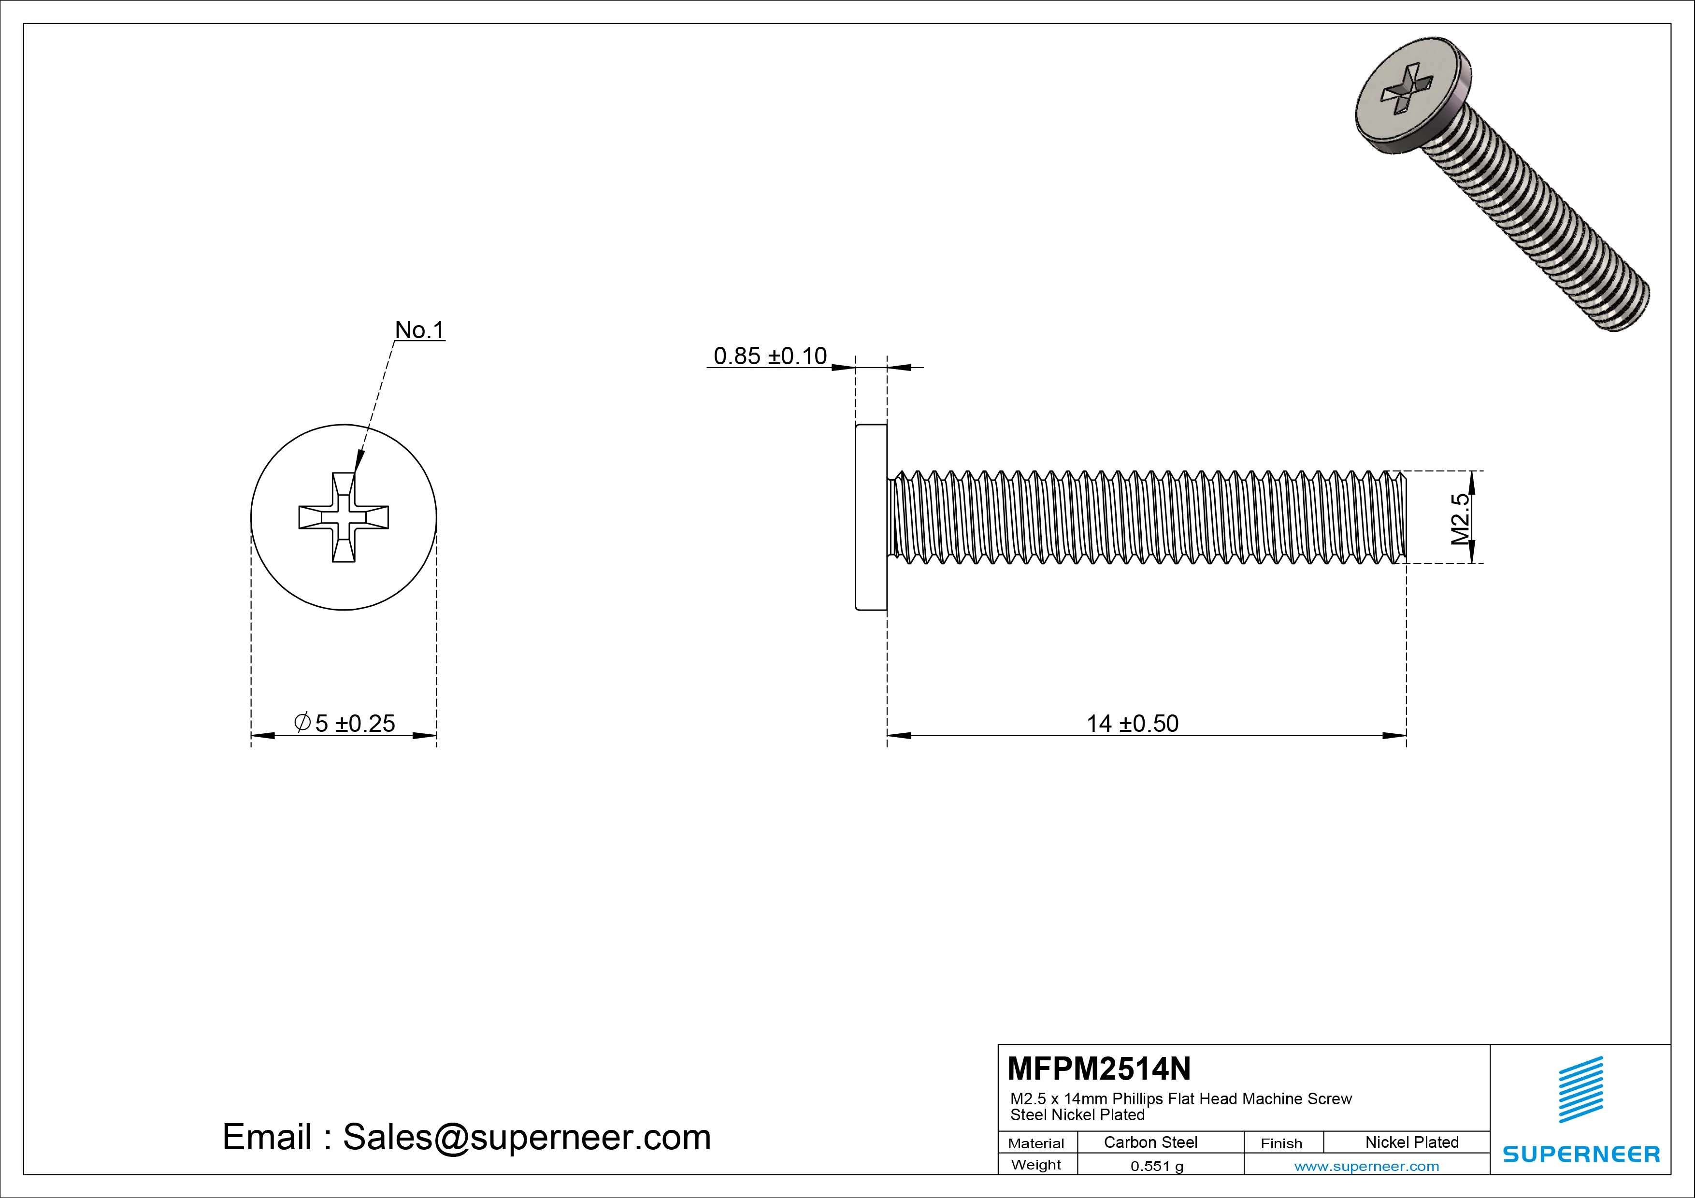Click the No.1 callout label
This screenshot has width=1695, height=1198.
coord(419,330)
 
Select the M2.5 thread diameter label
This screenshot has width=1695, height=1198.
coord(1460,518)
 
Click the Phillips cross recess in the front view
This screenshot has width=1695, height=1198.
coord(343,517)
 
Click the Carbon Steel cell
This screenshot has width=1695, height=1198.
coord(1149,1142)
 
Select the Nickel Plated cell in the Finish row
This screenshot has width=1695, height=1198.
coord(1411,1142)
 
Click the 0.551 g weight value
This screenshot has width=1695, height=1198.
coord(1156,1166)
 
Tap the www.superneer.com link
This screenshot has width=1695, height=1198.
coord(1366,1166)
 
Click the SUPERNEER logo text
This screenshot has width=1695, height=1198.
coord(1580,1154)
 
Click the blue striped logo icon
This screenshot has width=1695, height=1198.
coord(1580,1089)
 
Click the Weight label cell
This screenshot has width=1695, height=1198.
coord(1036,1165)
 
